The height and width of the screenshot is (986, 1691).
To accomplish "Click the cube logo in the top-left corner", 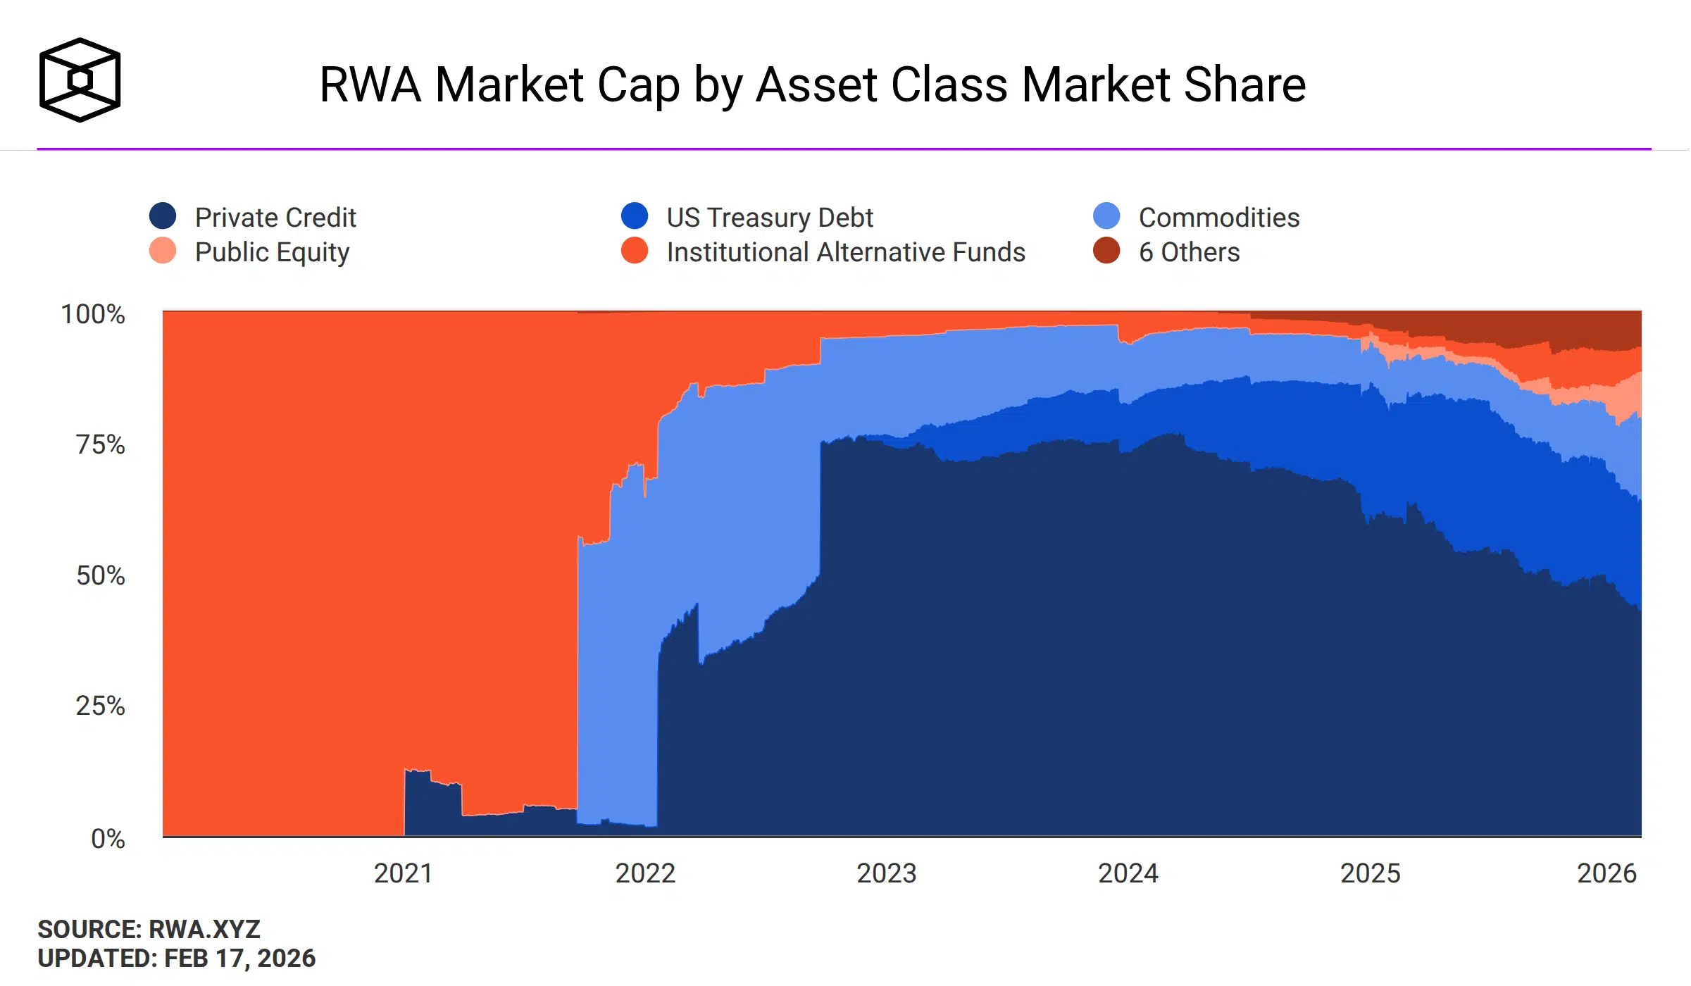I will [x=80, y=80].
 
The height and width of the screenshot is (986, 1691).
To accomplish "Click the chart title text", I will [x=812, y=85].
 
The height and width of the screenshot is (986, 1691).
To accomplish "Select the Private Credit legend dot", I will [x=163, y=216].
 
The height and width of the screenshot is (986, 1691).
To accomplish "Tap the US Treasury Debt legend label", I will [x=769, y=218].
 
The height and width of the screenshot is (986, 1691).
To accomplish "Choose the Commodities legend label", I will [x=1218, y=218].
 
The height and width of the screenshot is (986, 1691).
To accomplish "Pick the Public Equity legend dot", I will [x=163, y=251].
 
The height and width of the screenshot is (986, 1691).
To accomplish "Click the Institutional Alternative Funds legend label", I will [x=845, y=252].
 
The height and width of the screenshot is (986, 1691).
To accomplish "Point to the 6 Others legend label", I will [x=1189, y=252].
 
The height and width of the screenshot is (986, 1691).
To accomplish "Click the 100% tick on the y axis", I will [x=93, y=314].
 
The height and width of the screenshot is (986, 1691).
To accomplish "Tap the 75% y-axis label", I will [x=101, y=445].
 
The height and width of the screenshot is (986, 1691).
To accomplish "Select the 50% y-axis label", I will [x=101, y=576].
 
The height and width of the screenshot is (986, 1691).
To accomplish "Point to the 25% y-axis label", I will [x=101, y=706].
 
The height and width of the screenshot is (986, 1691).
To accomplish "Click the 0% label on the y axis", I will [x=108, y=839].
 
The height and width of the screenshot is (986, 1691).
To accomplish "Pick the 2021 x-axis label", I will [x=403, y=873].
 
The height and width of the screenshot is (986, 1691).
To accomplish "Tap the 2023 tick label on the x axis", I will [x=886, y=873].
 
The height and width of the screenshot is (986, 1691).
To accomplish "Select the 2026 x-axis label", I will [x=1606, y=873].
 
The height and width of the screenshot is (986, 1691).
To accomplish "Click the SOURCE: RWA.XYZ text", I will [x=149, y=930].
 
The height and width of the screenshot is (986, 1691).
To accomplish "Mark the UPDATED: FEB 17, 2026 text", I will [x=176, y=959].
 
